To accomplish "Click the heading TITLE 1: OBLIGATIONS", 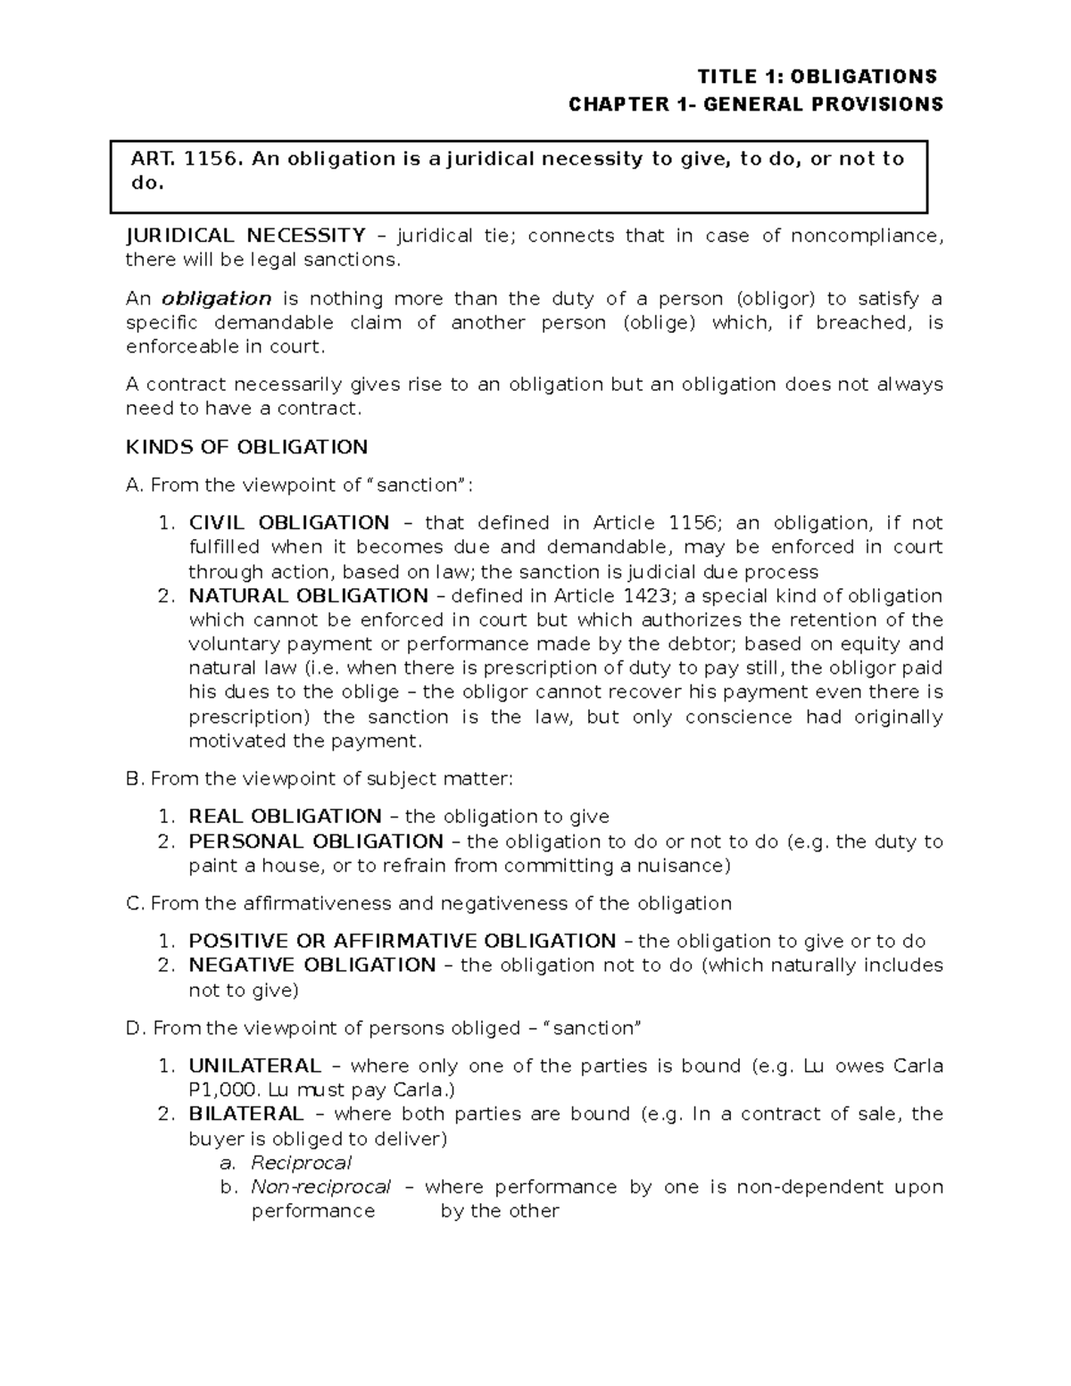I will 817,76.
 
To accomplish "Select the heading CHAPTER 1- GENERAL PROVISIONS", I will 756,104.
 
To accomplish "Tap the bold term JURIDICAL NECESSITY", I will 245,236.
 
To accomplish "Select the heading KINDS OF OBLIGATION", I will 247,446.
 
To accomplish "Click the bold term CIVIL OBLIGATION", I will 288,522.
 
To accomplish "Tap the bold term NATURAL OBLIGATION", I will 308,595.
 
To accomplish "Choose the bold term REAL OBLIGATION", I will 285,816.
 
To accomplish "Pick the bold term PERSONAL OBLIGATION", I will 315,841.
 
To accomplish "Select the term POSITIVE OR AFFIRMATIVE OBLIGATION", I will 402,941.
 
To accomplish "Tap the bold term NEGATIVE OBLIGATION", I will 311,965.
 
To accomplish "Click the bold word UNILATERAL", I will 254,1066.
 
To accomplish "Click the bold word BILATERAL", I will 245,1114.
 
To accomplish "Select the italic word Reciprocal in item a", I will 301,1162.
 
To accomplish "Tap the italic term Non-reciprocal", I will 320,1186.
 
